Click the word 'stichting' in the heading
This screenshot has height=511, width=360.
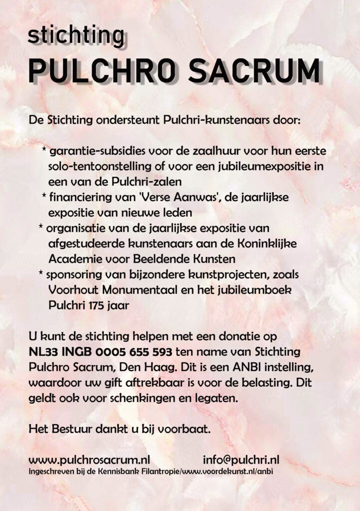[x=76, y=36]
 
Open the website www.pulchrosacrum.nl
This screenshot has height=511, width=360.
[x=90, y=459]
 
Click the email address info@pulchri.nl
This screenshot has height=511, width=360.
[x=241, y=459]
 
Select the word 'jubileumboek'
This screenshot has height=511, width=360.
[x=250, y=290]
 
